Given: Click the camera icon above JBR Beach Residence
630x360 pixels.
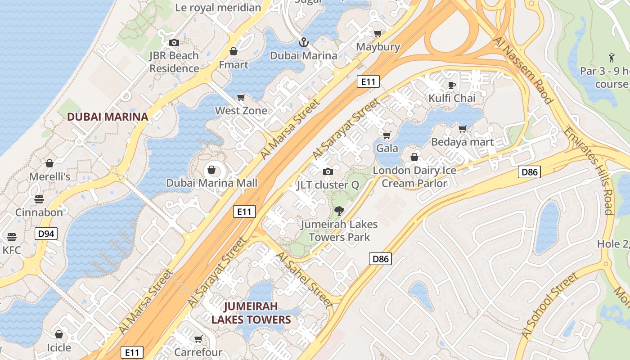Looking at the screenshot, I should point(174,43).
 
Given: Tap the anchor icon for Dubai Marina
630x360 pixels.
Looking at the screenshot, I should point(304,43).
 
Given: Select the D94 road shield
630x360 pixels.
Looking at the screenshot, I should point(46,233).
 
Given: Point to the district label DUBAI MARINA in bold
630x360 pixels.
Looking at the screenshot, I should point(107,117).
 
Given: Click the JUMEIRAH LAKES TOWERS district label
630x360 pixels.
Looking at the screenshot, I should point(251,313).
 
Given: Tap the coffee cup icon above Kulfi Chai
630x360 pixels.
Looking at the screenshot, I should point(452,85).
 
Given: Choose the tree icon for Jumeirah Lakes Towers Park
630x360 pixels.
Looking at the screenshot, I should point(339,211).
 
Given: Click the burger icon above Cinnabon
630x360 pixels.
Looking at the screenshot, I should point(39,199).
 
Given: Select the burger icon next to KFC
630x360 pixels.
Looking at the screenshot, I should point(12,237).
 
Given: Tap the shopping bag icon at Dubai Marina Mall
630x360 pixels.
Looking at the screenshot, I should point(211,170).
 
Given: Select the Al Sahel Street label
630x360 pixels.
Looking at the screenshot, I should point(305,279).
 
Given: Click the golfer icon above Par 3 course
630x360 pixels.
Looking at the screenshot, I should point(612,58).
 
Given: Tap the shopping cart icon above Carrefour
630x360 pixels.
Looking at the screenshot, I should point(198,339).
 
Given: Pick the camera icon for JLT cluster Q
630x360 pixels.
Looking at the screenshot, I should point(328,171).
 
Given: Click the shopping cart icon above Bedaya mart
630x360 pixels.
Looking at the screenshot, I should point(462,129).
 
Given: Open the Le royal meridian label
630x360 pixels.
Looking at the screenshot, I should point(218,8).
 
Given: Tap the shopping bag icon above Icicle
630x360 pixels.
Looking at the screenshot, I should point(58,334).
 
